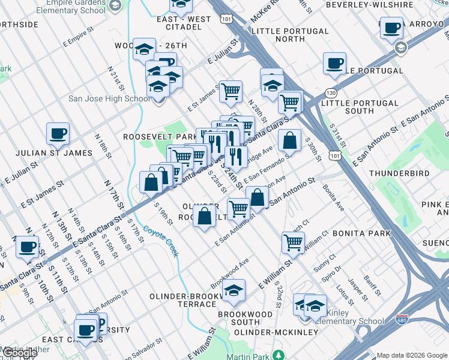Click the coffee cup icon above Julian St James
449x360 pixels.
point(58,133)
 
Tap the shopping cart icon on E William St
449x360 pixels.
point(293,242)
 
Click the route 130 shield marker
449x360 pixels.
point(331,93)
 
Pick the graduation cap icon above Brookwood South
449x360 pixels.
point(234,290)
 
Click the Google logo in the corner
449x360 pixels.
point(20,353)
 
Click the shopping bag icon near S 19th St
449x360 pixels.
point(150,182)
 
